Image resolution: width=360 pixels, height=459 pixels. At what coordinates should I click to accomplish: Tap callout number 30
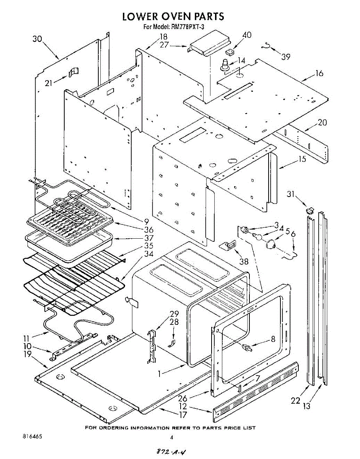[37, 39]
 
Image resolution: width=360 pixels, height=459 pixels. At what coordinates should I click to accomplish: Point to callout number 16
[319, 73]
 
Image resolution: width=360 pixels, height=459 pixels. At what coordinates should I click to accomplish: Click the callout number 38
[243, 262]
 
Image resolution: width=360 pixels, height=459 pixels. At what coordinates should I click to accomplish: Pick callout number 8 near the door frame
[273, 339]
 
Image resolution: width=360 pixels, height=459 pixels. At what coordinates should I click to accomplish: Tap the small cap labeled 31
[310, 209]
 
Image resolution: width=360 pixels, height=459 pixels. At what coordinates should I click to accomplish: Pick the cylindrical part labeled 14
[225, 65]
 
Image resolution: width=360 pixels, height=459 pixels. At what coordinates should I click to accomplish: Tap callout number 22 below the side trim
[295, 400]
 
